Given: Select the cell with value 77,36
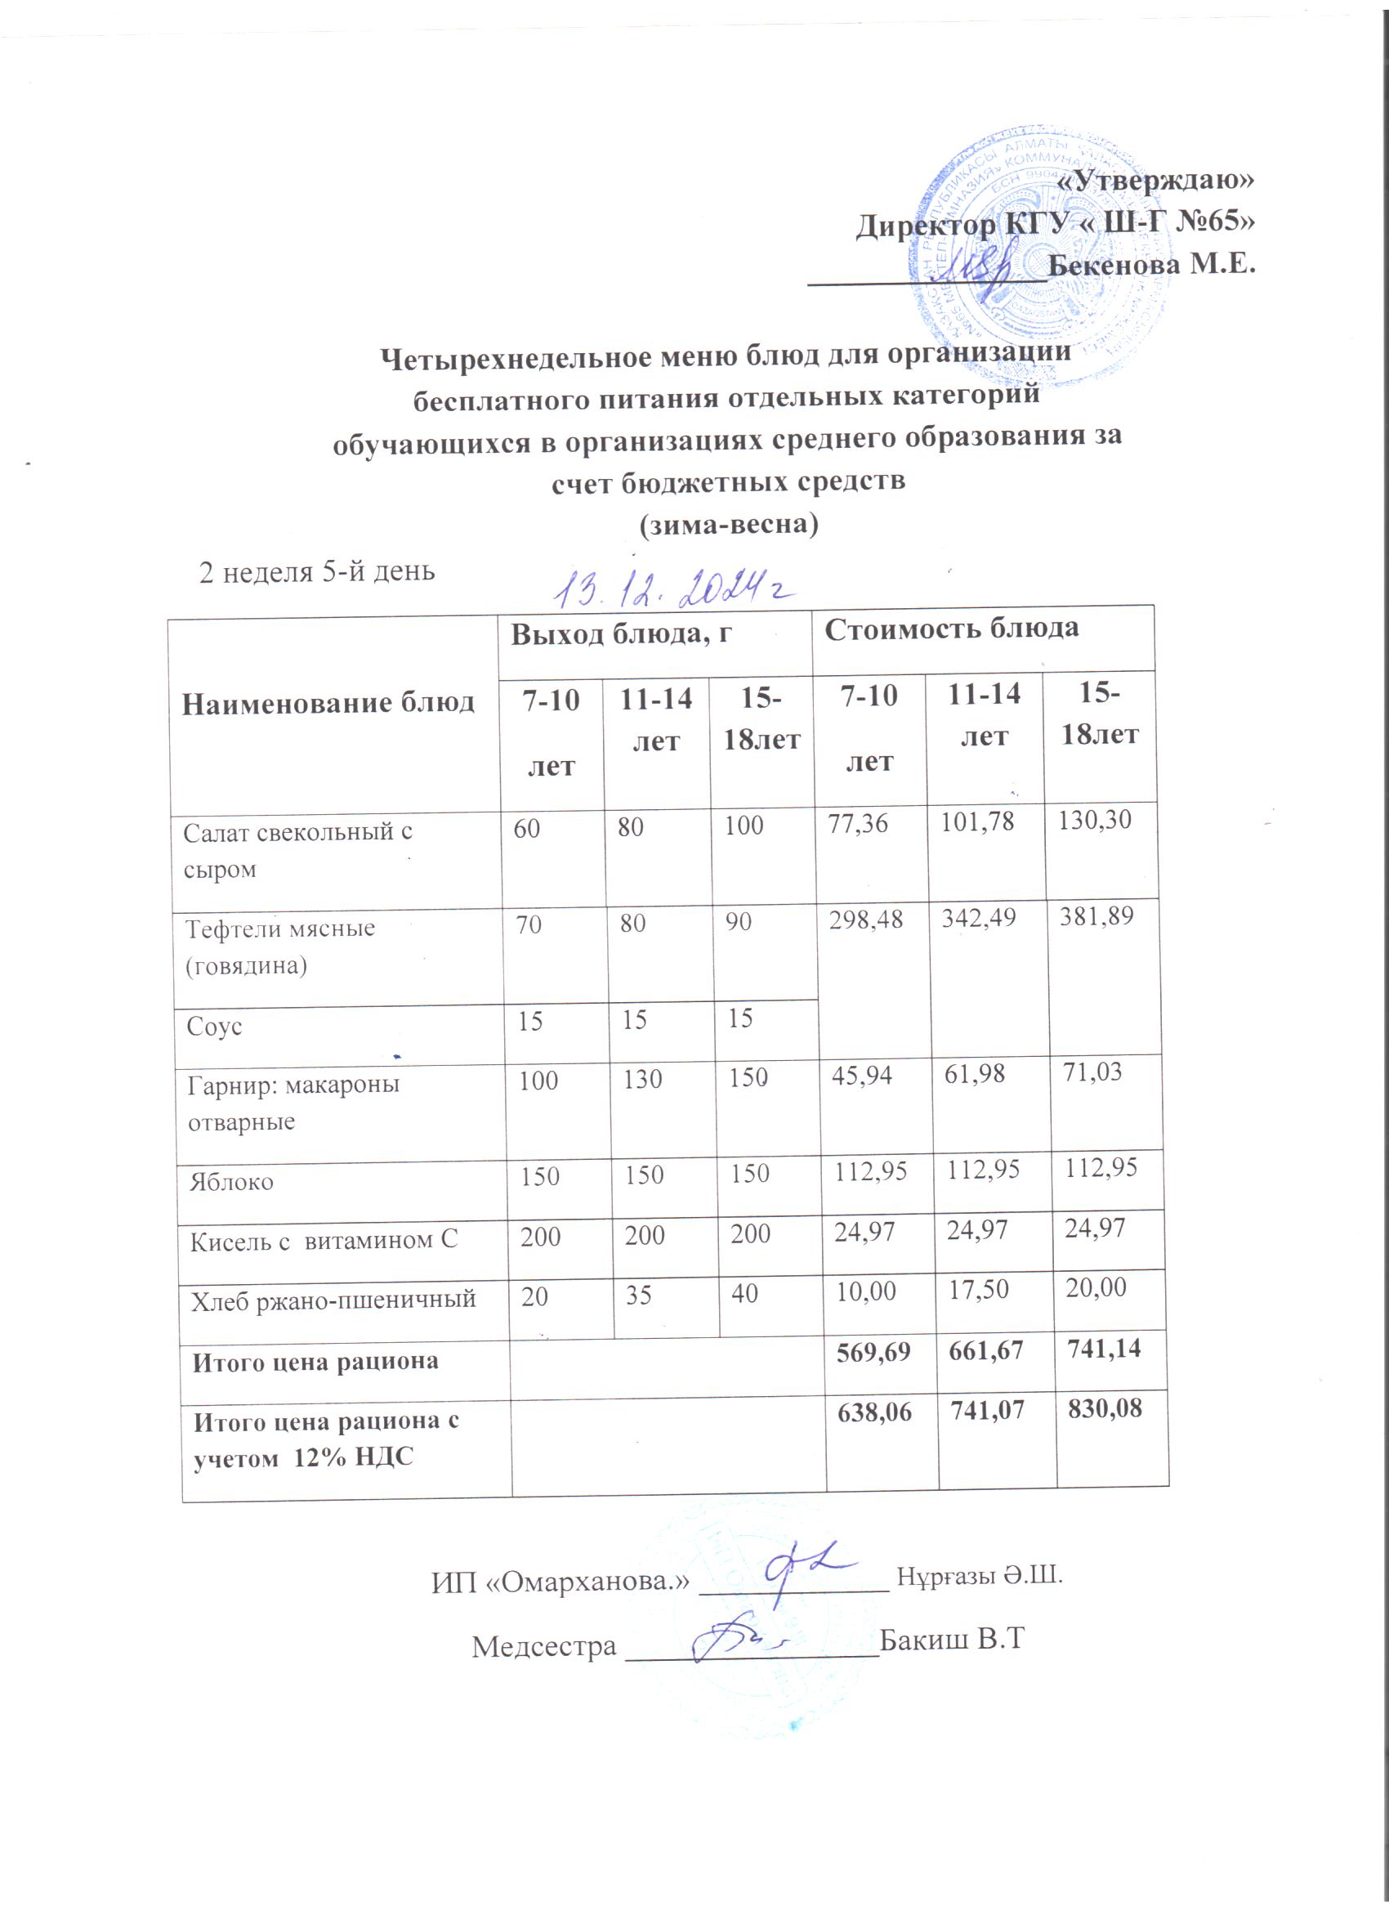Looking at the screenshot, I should [x=859, y=823].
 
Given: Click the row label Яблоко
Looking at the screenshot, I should [x=232, y=1181].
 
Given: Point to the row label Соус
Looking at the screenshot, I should [x=215, y=1027].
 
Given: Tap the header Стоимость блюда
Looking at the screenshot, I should [x=951, y=629].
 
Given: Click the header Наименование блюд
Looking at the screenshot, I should [x=328, y=703].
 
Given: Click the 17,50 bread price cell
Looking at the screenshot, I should [x=979, y=1290].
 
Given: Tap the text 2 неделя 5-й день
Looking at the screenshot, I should [x=317, y=572].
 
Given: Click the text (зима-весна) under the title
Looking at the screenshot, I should [x=730, y=524].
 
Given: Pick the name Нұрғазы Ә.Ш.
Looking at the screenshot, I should [x=980, y=1575].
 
